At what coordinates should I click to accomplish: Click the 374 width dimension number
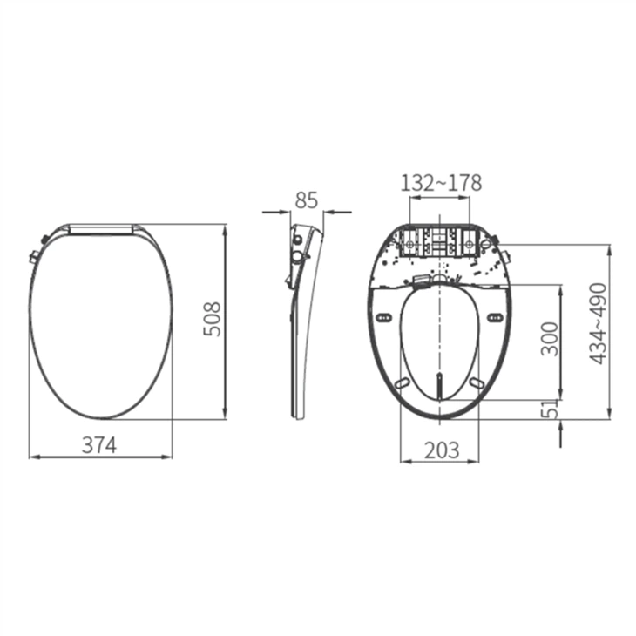99,444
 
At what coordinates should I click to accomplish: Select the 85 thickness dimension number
306,200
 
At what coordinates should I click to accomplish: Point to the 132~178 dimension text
440,183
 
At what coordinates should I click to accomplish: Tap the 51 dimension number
549,409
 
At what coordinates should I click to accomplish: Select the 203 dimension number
440,450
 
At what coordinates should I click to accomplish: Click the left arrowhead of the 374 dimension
34,457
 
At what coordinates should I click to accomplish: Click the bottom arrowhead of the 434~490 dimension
609,414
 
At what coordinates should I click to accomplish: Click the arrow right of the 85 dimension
330,211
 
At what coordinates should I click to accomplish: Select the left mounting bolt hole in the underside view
409,246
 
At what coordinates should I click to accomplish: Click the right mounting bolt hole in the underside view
471,246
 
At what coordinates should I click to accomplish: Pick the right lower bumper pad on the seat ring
477,382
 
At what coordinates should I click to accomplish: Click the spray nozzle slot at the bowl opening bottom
439,383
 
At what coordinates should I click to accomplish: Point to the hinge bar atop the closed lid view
102,228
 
